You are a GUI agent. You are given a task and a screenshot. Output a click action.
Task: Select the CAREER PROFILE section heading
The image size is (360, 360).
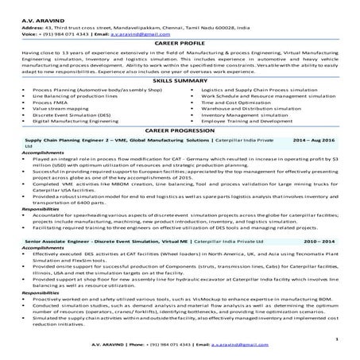[x=180, y=44]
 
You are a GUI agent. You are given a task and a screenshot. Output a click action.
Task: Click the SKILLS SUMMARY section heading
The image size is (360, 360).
[x=180, y=82]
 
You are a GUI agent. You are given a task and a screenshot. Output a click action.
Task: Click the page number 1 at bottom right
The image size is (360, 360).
[x=337, y=338]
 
